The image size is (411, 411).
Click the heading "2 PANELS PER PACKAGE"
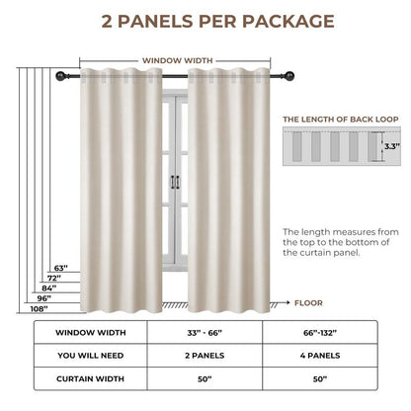205,21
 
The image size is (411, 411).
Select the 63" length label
60,268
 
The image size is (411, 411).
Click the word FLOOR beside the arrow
307,303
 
